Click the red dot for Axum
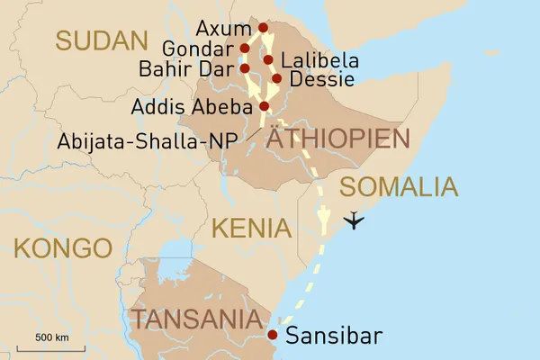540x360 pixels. pos(263,28)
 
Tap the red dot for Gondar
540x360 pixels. pos(245,48)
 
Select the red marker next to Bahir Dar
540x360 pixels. pos(245,67)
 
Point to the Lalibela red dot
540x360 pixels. pos(268,60)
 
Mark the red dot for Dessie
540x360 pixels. pos(276,78)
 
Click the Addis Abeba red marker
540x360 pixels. pos(264,105)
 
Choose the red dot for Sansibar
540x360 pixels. pos(274,336)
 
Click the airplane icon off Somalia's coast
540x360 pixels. pos(355,220)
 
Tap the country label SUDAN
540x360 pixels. pos(101,40)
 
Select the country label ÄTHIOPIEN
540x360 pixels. pos(338,139)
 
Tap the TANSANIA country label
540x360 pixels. pos(201,319)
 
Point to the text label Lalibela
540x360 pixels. pos(319,61)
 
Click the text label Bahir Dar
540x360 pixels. pos(186,68)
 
